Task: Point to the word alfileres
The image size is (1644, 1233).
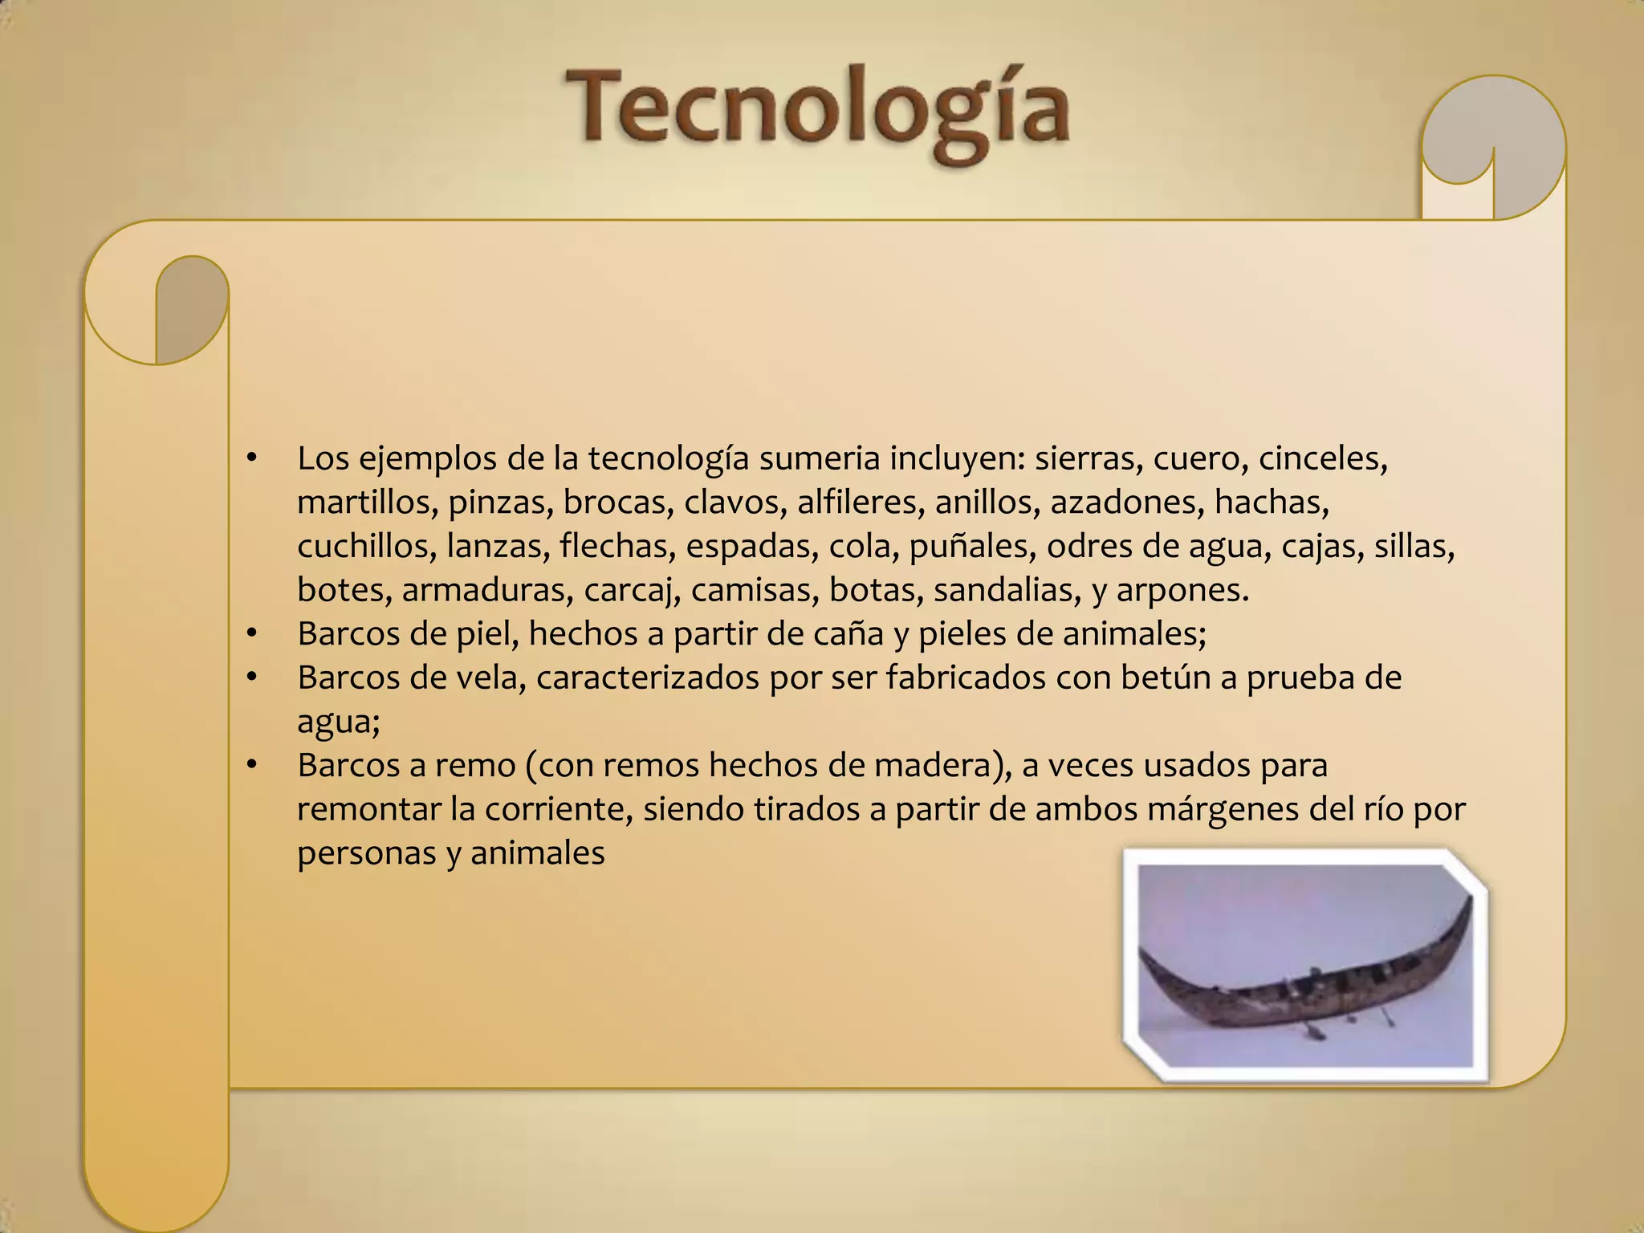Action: (x=861, y=503)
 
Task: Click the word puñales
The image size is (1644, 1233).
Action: (x=971, y=547)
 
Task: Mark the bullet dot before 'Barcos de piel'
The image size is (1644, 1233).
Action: (x=252, y=634)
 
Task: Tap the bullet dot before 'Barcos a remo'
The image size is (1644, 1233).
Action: (x=252, y=766)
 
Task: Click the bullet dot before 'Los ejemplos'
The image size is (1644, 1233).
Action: (x=252, y=459)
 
